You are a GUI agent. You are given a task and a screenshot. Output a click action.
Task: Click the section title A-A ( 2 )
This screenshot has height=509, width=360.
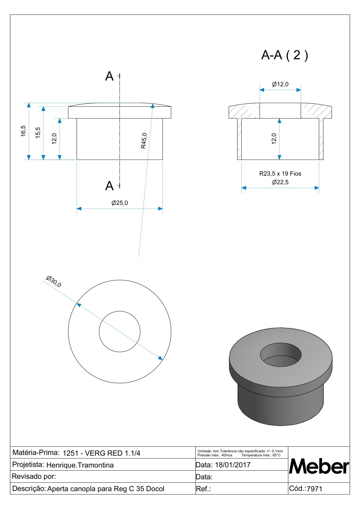(284, 55)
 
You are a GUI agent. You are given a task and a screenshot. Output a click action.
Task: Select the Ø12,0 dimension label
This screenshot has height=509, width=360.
(280, 84)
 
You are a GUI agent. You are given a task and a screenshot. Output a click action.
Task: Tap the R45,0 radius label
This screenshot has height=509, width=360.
(144, 141)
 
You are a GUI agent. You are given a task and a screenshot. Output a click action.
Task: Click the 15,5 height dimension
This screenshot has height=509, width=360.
(38, 133)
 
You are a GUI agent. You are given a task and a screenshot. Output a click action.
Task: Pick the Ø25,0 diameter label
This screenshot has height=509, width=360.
(119, 203)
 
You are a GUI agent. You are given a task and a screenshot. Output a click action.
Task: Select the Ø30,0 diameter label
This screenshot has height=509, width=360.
(54, 281)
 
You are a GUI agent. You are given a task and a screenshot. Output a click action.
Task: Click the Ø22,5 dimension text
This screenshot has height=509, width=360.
(280, 182)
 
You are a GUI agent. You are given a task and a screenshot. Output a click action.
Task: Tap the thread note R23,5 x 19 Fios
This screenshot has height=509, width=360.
(280, 174)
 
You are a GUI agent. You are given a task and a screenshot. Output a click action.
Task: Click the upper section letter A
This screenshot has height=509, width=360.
(109, 76)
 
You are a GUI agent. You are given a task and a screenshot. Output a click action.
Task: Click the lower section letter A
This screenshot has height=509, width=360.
(109, 186)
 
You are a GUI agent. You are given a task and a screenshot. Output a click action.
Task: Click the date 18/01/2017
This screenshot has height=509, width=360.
(233, 465)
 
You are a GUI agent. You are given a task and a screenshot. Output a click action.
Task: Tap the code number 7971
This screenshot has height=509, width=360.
(315, 489)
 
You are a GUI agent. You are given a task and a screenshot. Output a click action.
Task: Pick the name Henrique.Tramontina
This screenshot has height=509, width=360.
(80, 465)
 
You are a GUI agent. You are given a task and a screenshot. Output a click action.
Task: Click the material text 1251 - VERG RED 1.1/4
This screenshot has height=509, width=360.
(101, 453)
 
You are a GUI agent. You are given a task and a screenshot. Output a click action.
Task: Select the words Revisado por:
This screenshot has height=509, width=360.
(34, 477)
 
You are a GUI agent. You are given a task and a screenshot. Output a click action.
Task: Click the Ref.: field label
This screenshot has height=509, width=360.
(203, 489)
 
